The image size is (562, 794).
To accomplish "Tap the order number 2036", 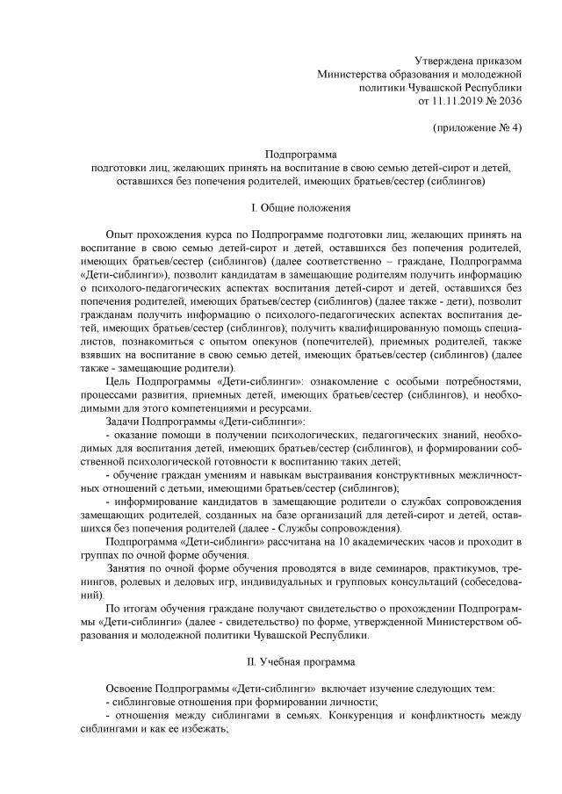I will (508, 102).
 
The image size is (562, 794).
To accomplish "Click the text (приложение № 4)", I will (479, 128).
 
